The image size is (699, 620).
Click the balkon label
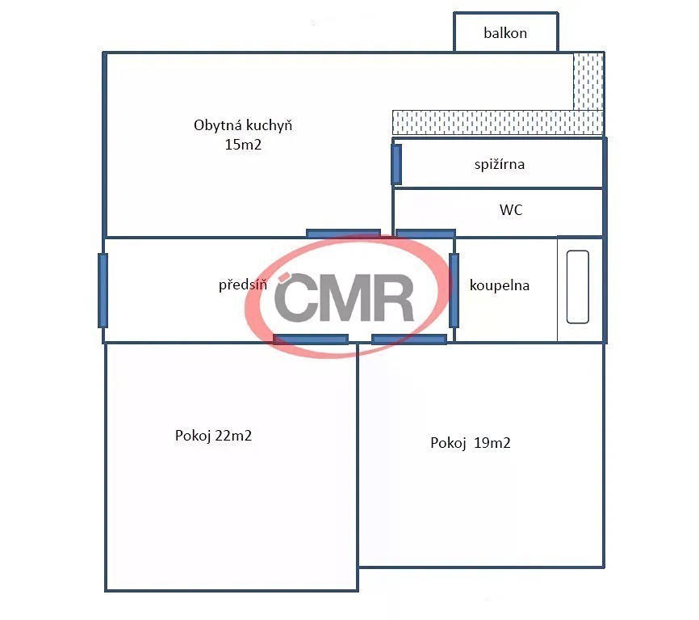tap(505, 33)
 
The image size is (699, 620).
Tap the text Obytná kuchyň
tap(243, 125)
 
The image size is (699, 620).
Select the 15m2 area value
tap(243, 145)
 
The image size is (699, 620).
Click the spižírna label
tap(500, 165)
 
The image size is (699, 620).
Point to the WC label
tap(511, 210)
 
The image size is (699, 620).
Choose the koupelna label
tap(500, 285)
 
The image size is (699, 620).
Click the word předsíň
tap(243, 285)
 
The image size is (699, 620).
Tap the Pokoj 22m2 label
tap(214, 436)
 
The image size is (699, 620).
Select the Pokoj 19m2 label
tap(471, 443)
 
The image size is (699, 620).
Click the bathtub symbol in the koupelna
tap(578, 287)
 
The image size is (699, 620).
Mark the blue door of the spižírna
tap(396, 164)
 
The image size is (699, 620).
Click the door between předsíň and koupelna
tap(454, 290)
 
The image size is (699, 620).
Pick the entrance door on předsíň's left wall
tap(103, 290)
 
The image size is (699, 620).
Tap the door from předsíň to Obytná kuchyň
tap(343, 234)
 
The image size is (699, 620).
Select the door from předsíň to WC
tap(425, 234)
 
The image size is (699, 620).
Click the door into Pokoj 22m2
tap(311, 340)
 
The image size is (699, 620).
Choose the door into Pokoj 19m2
tap(409, 340)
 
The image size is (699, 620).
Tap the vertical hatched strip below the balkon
tap(588, 81)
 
